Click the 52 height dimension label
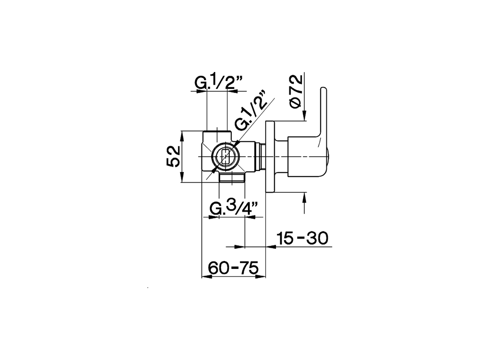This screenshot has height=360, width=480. click(x=174, y=156)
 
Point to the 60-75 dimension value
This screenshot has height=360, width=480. click(x=233, y=268)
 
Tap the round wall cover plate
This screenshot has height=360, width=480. click(x=270, y=157)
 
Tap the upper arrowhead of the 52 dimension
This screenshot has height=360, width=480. click(x=181, y=135)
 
